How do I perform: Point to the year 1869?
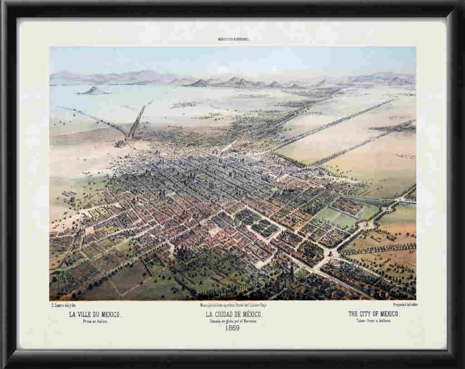pos(232,328)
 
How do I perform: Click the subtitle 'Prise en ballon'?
pos(95,321)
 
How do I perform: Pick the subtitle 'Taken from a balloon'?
pos(373,321)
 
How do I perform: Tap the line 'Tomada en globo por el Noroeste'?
pos(233,321)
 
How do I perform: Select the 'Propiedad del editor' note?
pos(406,304)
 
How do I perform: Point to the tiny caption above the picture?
pos(233,40)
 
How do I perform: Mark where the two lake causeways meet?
pos(129,137)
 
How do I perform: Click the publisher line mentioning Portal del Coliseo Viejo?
pos(232,305)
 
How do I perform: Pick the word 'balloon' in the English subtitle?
pos(384,321)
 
